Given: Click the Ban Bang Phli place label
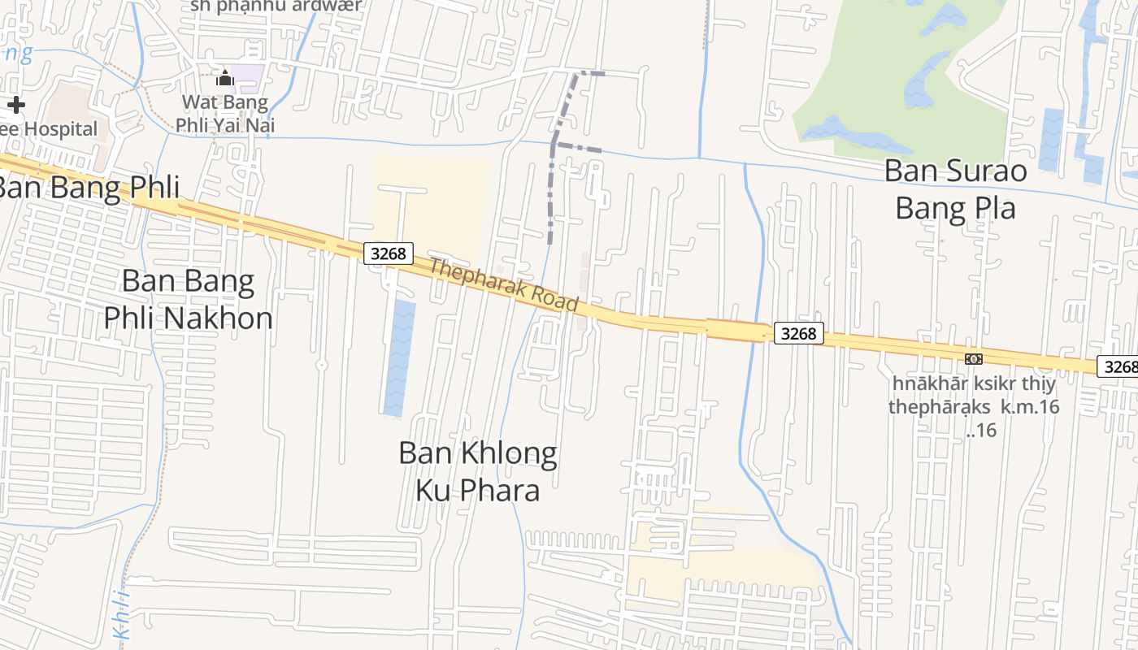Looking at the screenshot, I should (88, 187).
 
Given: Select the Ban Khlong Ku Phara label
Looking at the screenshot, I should (478, 471).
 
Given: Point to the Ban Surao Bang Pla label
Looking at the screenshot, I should (956, 188).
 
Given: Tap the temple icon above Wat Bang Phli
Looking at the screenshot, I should (224, 78).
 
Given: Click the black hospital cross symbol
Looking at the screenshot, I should (16, 105).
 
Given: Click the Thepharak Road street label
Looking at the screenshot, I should (503, 284).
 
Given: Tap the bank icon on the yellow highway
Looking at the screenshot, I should (973, 359).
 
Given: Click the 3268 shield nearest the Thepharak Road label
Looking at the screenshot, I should (389, 253).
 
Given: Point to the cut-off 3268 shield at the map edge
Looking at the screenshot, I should (1118, 366).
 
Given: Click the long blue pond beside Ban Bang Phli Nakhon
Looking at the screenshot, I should (399, 357).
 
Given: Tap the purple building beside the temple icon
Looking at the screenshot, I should (247, 79).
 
